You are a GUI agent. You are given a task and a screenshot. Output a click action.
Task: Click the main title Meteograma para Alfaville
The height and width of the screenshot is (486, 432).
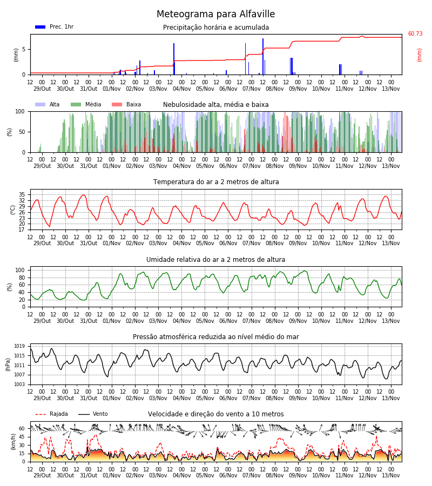215,14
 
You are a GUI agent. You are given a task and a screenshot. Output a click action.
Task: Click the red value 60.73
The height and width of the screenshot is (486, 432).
415,33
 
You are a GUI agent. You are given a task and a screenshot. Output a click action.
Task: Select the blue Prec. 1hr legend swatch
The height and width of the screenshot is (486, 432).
40,27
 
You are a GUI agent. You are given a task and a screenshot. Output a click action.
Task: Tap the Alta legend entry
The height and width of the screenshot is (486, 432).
48,104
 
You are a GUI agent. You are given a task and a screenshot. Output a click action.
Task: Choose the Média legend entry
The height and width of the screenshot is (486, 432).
86,104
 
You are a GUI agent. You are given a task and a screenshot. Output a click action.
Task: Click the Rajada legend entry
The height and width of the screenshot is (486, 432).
51,414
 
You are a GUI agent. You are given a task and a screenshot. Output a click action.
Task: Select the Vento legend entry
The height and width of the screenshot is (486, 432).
93,414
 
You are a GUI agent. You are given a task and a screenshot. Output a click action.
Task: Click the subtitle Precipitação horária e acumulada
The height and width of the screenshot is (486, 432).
216,28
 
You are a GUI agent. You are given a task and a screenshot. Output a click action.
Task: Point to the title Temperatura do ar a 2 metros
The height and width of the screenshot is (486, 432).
216,182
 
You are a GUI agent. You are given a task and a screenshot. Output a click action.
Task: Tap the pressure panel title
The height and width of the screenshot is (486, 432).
216,336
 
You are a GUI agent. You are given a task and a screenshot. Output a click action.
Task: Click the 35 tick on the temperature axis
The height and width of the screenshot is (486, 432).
22,194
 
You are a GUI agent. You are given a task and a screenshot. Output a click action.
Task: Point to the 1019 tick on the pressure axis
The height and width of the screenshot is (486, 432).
19,346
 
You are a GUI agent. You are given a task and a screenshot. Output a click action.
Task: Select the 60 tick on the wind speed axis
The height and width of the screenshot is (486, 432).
22,429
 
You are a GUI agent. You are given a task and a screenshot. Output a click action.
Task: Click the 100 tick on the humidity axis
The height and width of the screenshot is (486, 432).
20,270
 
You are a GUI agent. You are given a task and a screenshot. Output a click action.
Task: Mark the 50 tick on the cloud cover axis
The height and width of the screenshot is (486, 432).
22,132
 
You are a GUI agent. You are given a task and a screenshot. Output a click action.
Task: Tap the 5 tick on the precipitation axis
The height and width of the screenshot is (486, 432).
24,49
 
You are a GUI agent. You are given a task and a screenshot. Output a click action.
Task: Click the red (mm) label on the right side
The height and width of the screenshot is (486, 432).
419,55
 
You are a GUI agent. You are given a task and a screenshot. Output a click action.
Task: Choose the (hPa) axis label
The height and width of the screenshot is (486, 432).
8,364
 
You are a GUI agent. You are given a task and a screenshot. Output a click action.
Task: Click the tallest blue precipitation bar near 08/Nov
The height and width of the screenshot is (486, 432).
263,56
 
